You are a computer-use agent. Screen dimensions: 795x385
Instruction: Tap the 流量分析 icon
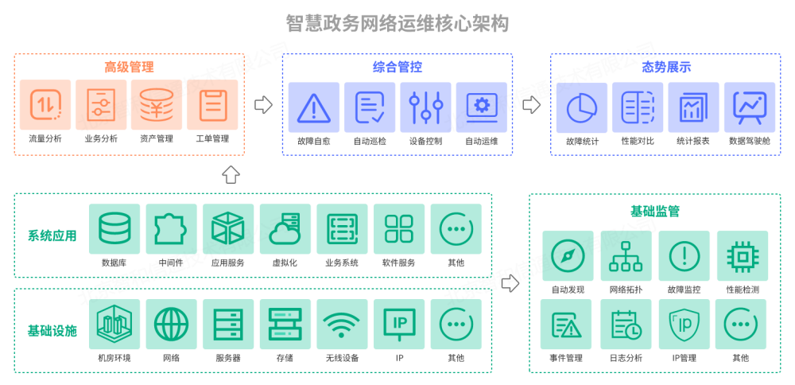[x=45, y=105]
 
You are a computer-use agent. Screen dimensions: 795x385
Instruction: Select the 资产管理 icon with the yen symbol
[x=157, y=105]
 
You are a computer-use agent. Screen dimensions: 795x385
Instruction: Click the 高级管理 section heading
[x=129, y=68]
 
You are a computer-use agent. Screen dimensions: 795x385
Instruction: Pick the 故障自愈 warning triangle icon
[x=314, y=107]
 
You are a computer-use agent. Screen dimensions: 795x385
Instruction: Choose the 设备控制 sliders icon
[x=425, y=107]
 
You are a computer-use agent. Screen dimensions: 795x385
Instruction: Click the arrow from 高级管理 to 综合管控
[x=262, y=104]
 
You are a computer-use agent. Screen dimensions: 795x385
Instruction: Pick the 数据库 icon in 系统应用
[x=114, y=229]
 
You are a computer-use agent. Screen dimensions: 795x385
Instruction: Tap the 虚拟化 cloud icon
[x=285, y=229]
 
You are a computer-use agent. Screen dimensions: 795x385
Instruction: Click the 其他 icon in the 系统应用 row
[x=456, y=229]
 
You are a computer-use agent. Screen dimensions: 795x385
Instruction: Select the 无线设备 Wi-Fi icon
[x=342, y=325]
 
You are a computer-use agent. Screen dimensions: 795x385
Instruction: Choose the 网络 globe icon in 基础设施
[x=171, y=325]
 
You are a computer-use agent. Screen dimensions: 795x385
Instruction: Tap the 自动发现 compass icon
[x=568, y=256]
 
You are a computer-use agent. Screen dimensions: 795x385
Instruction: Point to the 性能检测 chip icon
[x=742, y=256]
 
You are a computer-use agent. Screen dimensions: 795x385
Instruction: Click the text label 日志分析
[x=626, y=358]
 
